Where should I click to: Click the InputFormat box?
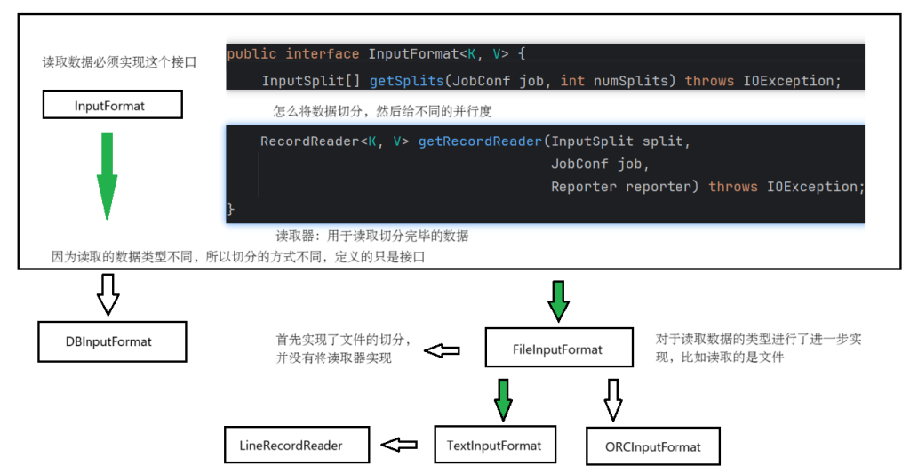(x=112, y=106)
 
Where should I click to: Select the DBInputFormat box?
(x=113, y=341)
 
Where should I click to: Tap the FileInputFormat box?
(x=558, y=349)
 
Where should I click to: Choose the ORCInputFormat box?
(x=652, y=446)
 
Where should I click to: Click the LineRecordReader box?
(x=297, y=444)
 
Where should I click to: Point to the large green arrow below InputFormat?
(x=107, y=174)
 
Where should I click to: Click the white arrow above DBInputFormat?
(x=108, y=293)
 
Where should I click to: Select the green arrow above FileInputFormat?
(x=558, y=300)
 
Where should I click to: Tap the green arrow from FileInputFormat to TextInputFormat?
(x=503, y=398)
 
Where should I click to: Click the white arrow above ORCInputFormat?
(x=612, y=398)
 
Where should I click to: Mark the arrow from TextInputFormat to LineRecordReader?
(x=399, y=443)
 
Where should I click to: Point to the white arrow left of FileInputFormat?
(x=442, y=349)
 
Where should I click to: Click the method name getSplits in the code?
(x=406, y=81)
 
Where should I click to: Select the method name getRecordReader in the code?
(x=479, y=141)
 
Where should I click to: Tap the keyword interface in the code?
(x=322, y=54)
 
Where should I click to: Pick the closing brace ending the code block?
(x=232, y=209)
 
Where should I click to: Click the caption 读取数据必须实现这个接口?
(x=119, y=62)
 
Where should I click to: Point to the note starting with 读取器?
(x=371, y=236)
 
